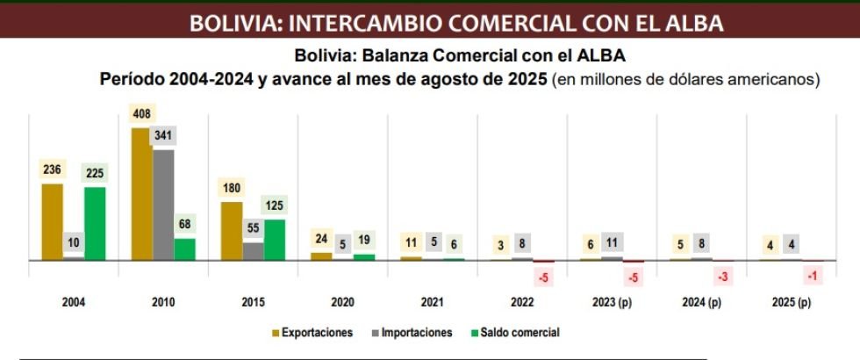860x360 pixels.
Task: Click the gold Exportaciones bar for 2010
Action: pos(140,194)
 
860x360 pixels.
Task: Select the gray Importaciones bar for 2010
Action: pos(162,205)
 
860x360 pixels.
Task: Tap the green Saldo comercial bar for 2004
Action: pos(95,223)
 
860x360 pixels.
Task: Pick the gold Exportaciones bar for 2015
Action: pos(232,231)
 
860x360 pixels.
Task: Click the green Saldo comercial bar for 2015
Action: pos(275,240)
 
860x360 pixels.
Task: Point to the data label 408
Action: pos(140,114)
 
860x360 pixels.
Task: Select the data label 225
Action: pos(95,173)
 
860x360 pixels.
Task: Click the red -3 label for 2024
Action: pos(723,277)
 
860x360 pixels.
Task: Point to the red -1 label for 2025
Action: pos(813,277)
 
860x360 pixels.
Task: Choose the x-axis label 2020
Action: pos(341,303)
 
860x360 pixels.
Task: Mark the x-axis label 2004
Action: pos(74,303)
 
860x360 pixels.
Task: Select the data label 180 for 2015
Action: pos(232,189)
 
